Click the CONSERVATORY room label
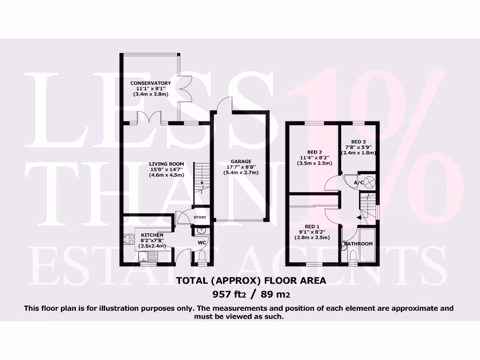(x=150, y=83)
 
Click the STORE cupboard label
(x=200, y=217)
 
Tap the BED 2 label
(x=314, y=151)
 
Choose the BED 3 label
(x=358, y=142)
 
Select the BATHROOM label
(x=358, y=244)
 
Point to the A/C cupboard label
(x=359, y=182)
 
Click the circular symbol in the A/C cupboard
(x=369, y=181)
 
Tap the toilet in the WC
(x=202, y=256)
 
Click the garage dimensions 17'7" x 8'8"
(x=241, y=167)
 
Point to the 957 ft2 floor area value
(x=228, y=294)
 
